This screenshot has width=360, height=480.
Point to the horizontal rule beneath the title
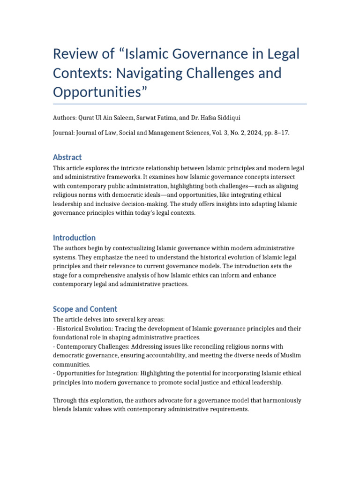(180, 104)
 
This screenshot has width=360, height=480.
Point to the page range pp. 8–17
(278, 133)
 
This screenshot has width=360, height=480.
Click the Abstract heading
(67, 157)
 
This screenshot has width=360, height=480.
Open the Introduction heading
(74, 238)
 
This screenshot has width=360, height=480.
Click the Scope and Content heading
(85, 309)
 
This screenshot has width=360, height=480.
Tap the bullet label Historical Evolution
(82, 329)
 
